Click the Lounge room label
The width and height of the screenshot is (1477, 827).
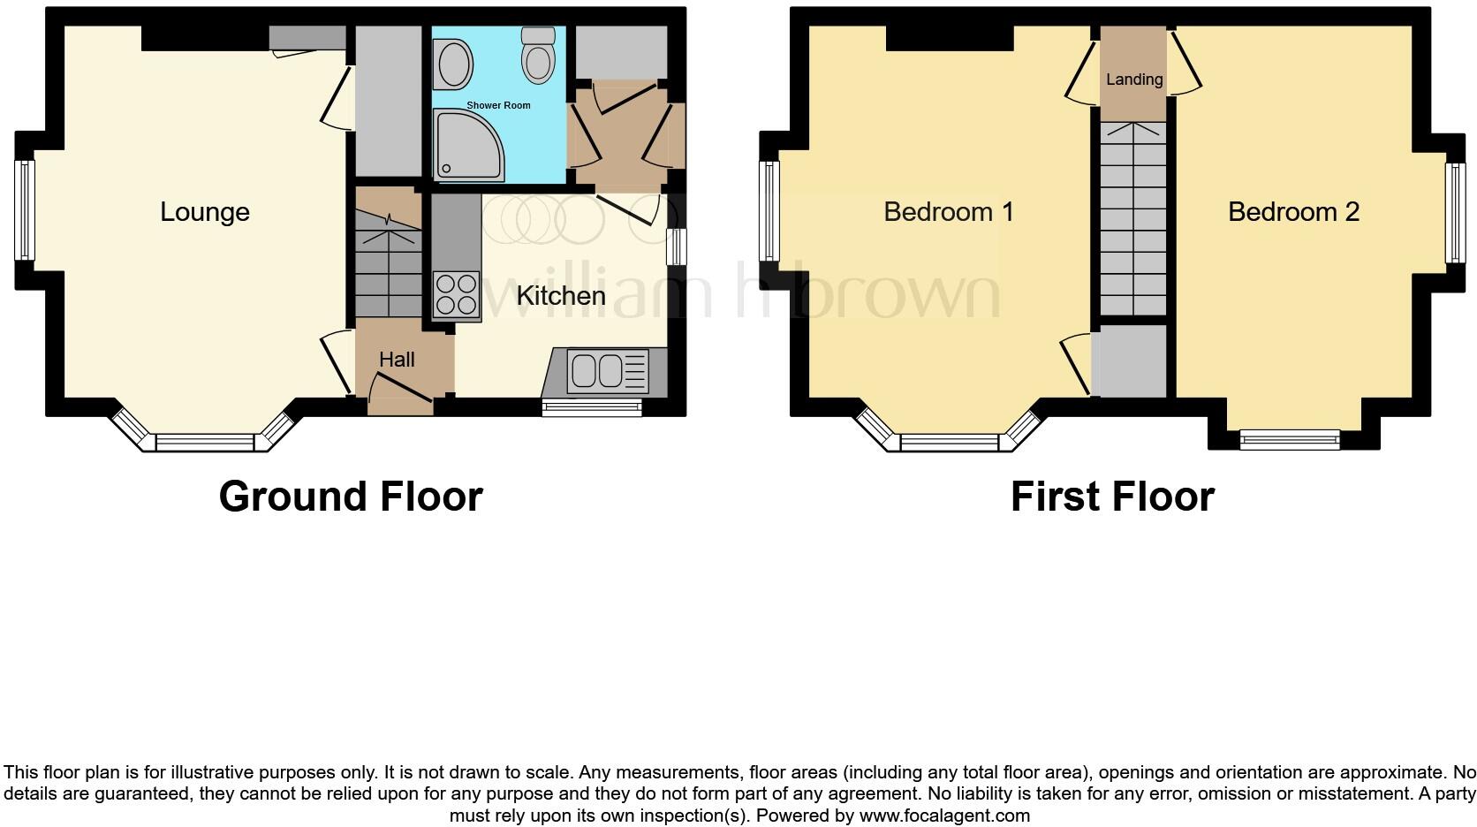[204, 212]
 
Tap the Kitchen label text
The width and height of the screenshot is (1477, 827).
[560, 296]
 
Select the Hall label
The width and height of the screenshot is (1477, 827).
[397, 360]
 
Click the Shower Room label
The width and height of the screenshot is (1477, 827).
[498, 105]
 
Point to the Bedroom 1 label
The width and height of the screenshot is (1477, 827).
[948, 212]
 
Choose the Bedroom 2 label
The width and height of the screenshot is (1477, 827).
[1293, 212]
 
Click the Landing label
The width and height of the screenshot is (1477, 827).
[1134, 80]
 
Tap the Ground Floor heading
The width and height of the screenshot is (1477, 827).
[351, 497]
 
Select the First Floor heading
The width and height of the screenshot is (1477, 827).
[1112, 497]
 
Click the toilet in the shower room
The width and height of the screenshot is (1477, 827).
[537, 55]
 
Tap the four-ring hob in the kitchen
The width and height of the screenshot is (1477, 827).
[456, 294]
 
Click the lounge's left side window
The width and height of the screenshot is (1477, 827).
[24, 210]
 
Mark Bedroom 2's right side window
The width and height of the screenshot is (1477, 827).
[1454, 212]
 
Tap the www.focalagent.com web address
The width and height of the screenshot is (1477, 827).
[944, 816]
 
